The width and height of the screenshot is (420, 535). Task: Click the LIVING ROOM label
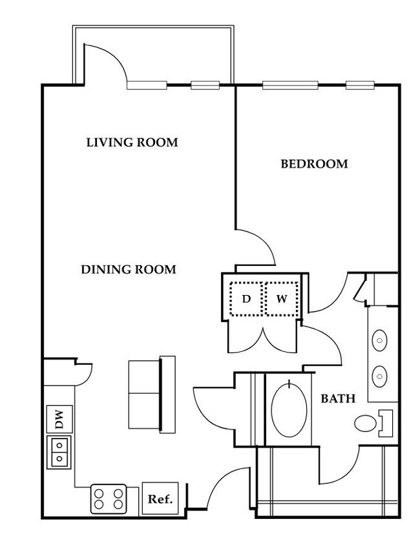pyautogui.click(x=132, y=142)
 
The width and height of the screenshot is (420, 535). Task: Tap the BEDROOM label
pyautogui.click(x=314, y=164)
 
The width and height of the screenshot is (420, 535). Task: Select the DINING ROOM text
pyautogui.click(x=128, y=270)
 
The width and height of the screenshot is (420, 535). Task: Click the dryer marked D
pyautogui.click(x=246, y=299)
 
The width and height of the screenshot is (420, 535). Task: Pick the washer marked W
pyautogui.click(x=282, y=299)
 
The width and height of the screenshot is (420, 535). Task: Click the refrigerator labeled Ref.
pyautogui.click(x=160, y=499)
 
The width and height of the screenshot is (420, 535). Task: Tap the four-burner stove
pyautogui.click(x=108, y=499)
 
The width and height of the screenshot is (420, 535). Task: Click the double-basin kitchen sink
pyautogui.click(x=59, y=452)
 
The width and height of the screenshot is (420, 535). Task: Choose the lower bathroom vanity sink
pyautogui.click(x=379, y=374)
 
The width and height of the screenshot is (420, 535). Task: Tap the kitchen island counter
pyautogui.click(x=152, y=394)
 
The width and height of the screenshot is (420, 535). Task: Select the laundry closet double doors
pyautogui.click(x=263, y=336)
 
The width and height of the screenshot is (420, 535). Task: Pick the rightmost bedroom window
pyautogui.click(x=360, y=85)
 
